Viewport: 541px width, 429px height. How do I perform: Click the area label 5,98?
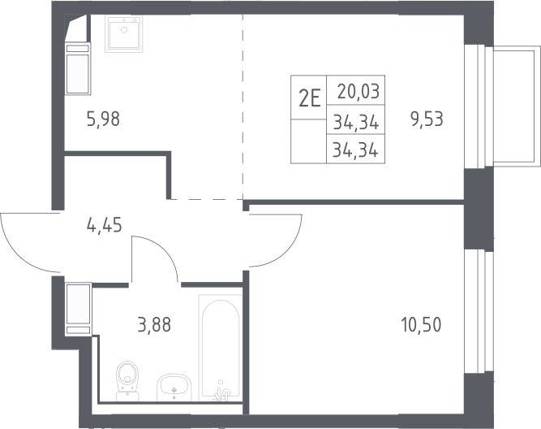[x=103, y=119]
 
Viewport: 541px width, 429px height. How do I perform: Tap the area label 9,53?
[x=427, y=119]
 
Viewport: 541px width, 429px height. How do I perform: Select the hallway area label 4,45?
[x=105, y=225]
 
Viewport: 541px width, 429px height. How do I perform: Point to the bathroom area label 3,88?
[x=154, y=325]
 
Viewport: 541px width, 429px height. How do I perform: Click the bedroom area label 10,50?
[x=421, y=325]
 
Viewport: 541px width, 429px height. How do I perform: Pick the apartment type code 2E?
[x=310, y=98]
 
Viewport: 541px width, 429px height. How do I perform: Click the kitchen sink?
[x=124, y=34]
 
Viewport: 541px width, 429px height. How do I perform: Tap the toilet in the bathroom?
[x=128, y=381]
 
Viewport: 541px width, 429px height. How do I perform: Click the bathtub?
[x=220, y=348]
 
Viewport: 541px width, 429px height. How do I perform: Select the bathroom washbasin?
[x=174, y=388]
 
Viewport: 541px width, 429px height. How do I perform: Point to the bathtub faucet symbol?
[x=221, y=392]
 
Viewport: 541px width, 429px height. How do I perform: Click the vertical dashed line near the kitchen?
[x=243, y=107]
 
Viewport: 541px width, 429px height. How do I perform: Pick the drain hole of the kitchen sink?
[x=124, y=30]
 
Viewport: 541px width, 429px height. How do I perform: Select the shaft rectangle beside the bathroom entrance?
[x=79, y=309]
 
